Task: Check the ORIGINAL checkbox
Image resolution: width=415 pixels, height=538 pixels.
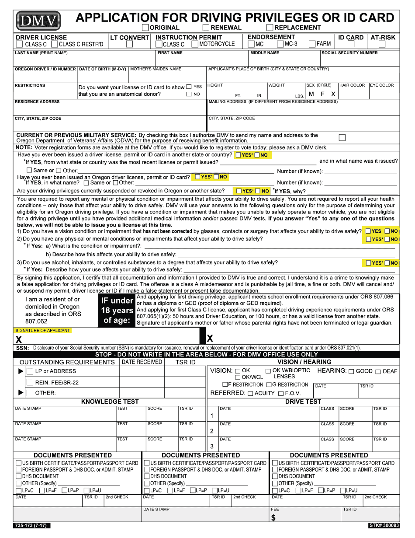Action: (x=145, y=28)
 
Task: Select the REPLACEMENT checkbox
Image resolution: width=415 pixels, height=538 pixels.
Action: (x=270, y=28)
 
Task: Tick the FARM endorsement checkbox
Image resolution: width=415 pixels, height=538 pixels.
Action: (x=312, y=44)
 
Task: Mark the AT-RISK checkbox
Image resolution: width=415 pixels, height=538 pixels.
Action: (x=382, y=44)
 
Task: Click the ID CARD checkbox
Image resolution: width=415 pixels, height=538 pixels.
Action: (x=350, y=44)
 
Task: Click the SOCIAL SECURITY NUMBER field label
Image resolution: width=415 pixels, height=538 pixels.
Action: (x=349, y=53)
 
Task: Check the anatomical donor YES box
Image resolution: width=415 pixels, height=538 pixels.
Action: (x=189, y=87)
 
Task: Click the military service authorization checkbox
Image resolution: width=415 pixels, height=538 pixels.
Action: (x=342, y=138)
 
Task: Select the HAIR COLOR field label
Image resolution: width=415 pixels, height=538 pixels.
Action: (x=352, y=85)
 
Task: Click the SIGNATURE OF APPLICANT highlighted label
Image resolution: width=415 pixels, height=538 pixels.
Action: (x=43, y=331)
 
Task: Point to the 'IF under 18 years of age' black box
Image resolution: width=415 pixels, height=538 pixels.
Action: (x=117, y=310)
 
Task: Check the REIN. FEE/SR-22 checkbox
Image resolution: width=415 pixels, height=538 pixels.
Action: (x=30, y=382)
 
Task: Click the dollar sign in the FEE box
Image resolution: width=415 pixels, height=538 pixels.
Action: (x=273, y=518)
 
